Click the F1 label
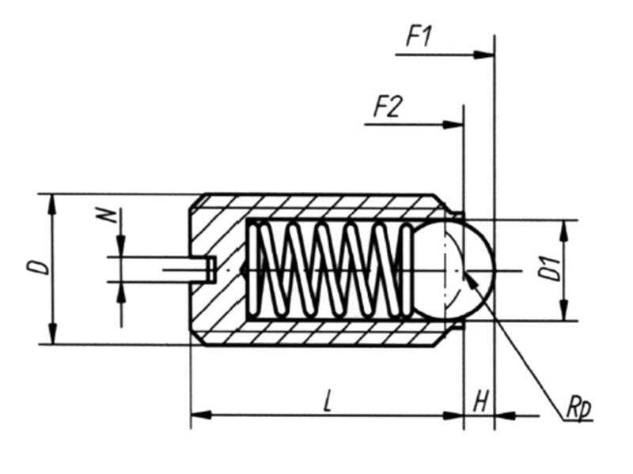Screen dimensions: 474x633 tap(420, 36)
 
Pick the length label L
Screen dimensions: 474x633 tap(328, 401)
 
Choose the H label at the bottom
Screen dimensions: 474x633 tap(479, 402)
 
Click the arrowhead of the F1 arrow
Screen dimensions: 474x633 tap(487, 55)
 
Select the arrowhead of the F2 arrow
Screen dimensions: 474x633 tap(455, 124)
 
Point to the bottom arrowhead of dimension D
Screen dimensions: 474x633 tap(52, 337)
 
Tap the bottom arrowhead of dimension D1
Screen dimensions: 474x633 tap(563, 314)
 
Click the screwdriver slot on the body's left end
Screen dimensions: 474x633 tap(202, 269)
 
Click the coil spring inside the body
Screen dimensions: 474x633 tap(328, 269)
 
